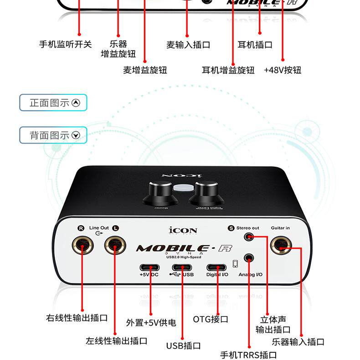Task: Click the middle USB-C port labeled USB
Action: [182, 267]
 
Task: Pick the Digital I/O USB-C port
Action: [216, 267]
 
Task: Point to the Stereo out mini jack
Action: [249, 237]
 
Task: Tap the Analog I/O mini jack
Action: [249, 258]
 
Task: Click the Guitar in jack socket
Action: [282, 246]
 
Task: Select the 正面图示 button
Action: [53, 103]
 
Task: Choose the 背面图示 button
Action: [53, 135]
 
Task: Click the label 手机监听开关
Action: [66, 44]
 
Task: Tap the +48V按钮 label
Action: [283, 70]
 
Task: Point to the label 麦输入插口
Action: [188, 45]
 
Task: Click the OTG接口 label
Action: [211, 319]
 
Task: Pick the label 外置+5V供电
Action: [151, 323]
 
